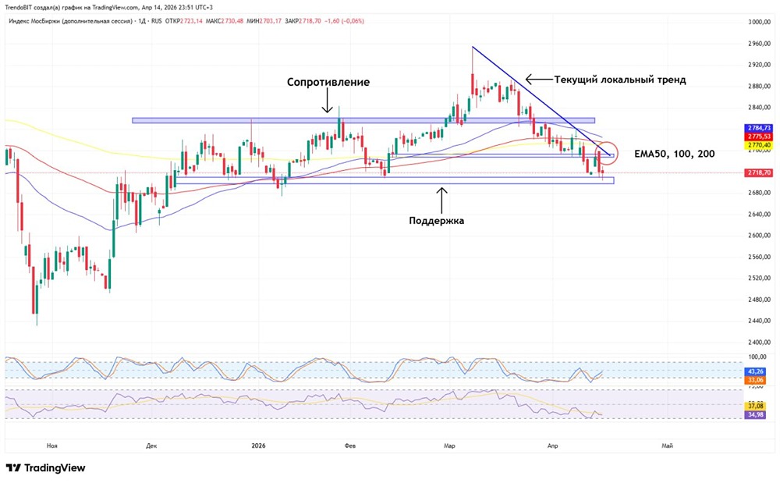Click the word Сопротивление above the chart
328,82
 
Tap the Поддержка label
437,221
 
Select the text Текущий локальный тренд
620,80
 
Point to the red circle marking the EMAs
606,153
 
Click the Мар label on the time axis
449,446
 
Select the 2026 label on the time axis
259,446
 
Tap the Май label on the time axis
667,446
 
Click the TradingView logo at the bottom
46,468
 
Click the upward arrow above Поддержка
441,199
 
